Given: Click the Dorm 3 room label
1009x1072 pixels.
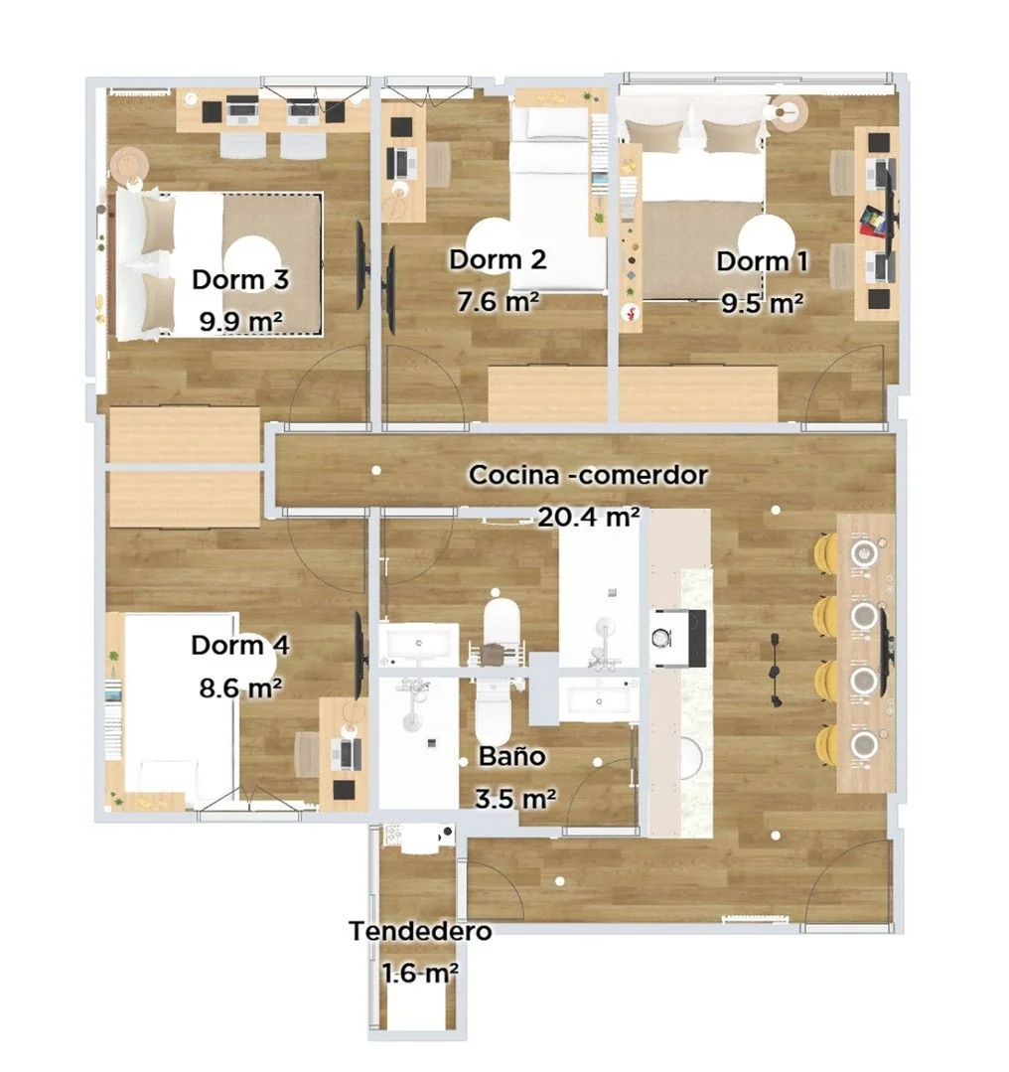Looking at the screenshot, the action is tap(240, 279).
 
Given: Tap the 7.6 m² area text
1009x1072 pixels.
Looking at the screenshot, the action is tap(498, 301).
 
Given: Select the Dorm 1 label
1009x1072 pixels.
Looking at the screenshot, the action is tap(763, 261).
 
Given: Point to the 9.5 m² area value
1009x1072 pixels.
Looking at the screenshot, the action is tap(763, 303).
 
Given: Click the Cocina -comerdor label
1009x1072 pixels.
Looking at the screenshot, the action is tap(588, 475).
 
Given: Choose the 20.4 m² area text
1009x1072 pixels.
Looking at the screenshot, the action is tap(589, 517).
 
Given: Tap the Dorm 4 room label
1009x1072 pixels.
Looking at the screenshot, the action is tap(240, 646).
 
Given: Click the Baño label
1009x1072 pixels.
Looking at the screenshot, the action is tap(512, 756).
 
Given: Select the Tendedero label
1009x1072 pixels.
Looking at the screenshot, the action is tap(420, 931).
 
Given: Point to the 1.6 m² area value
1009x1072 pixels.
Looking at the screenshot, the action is tap(420, 973).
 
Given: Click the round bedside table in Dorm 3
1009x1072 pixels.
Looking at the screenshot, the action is tap(129, 165).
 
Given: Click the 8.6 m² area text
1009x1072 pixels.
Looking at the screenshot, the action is tap(240, 688).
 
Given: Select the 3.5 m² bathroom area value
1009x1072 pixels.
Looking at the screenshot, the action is tap(514, 798).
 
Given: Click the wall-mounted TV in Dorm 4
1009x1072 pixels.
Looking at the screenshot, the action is tap(359, 655).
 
